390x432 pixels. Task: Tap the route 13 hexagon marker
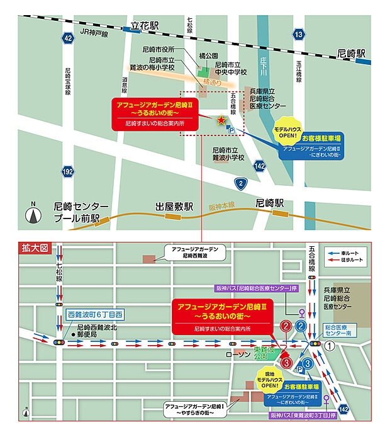[x=299, y=34]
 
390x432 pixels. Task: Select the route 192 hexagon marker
[x=68, y=171]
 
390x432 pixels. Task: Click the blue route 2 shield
[x=240, y=183]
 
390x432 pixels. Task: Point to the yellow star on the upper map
[x=221, y=120]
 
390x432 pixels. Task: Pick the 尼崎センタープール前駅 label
[x=82, y=212]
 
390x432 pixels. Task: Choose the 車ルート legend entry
[x=354, y=251]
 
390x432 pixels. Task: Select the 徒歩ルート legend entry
[x=354, y=259]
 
